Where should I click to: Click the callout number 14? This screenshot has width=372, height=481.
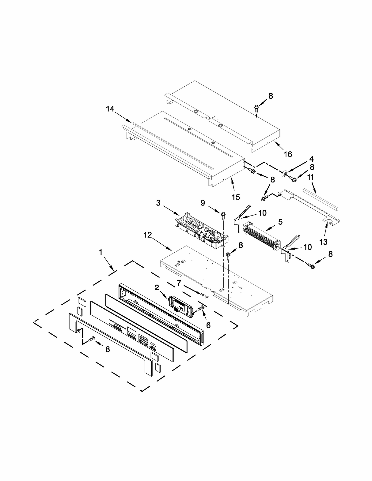(110, 108)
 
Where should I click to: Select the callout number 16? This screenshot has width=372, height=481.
(288, 154)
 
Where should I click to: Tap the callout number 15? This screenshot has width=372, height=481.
(236, 197)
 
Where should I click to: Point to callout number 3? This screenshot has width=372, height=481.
(158, 203)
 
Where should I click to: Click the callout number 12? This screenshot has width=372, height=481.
(148, 235)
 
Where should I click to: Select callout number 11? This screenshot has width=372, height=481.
(311, 178)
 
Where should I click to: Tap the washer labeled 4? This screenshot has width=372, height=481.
(285, 174)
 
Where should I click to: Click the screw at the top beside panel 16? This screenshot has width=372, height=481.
(256, 107)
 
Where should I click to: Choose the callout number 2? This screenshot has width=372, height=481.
(157, 287)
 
